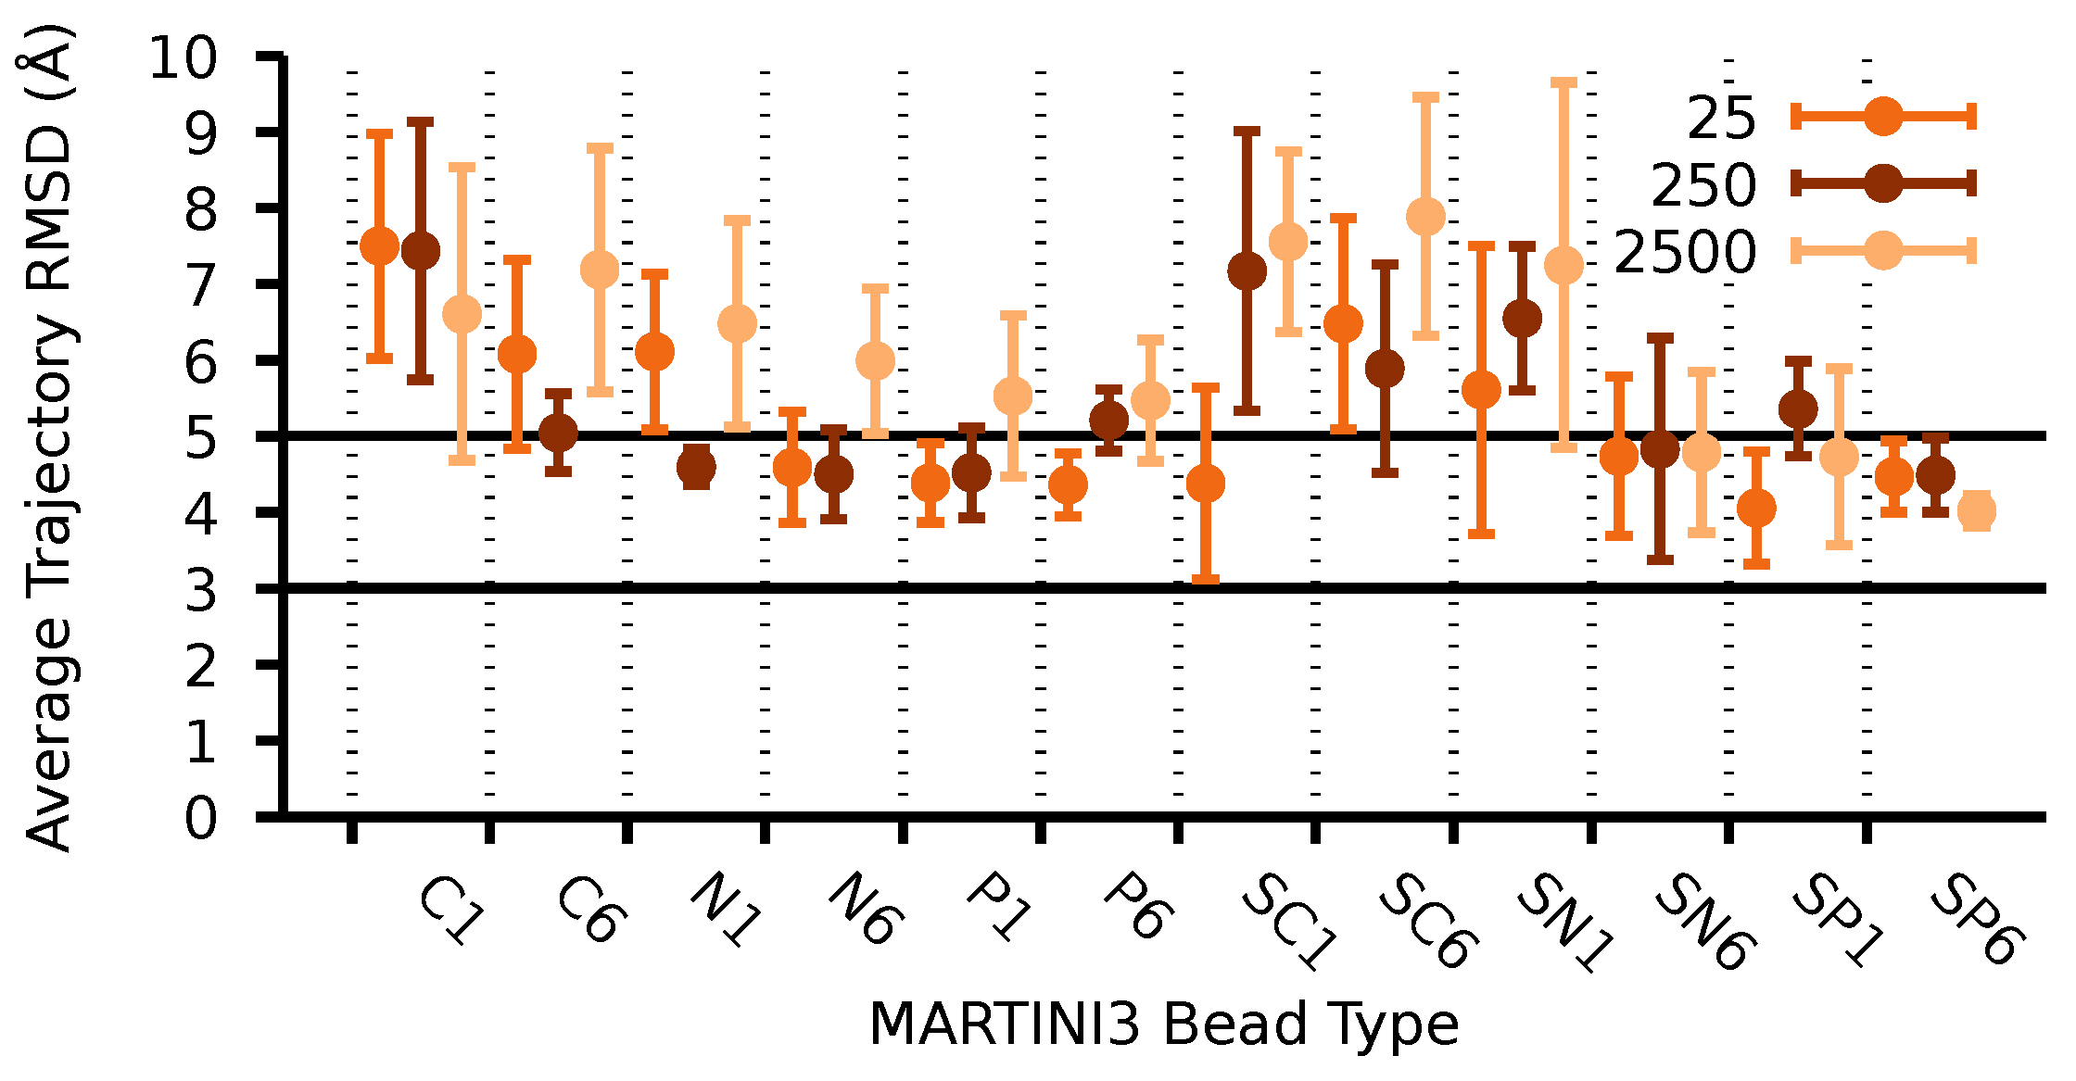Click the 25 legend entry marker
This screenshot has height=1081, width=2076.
(x=1883, y=117)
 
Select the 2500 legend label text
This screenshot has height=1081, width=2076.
(x=1685, y=252)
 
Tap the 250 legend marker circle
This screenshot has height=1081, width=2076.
(x=1883, y=183)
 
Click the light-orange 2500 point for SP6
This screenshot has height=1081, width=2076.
(x=1976, y=510)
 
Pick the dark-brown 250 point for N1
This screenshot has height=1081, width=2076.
(x=696, y=467)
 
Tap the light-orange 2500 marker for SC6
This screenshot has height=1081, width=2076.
(x=1425, y=217)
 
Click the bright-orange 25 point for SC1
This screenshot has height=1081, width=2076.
(x=1206, y=484)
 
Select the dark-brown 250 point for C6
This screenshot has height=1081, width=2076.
(x=558, y=432)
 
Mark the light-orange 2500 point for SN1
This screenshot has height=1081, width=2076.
(x=1563, y=266)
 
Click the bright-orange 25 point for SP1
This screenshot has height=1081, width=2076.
(x=1756, y=508)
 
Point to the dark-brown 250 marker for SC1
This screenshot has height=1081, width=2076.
(x=1247, y=271)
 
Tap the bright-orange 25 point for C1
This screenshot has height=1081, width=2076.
(x=379, y=246)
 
